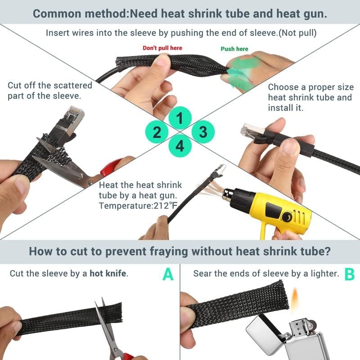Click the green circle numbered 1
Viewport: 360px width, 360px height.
[x=180, y=119]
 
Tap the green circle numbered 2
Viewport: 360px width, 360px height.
[x=157, y=132]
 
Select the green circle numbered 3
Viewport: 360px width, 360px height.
[x=203, y=132]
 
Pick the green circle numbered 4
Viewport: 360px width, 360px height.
[x=180, y=146]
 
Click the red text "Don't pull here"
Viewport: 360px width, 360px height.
[x=162, y=48]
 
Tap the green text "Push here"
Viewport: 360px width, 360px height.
[x=234, y=49]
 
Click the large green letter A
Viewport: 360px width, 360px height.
[x=168, y=274]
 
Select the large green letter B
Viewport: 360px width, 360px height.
[x=349, y=274]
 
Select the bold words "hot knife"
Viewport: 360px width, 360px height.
[x=108, y=273]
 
